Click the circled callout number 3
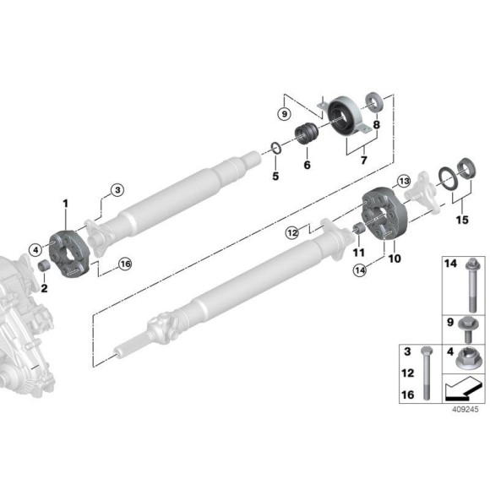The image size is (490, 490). click(x=117, y=190)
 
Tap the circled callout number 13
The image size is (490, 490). click(x=404, y=182)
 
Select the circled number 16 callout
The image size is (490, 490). click(x=125, y=264)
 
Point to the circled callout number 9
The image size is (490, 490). click(x=285, y=114)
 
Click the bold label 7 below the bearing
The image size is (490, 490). click(x=363, y=160)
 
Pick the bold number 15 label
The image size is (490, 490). click(x=462, y=220)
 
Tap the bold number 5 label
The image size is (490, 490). click(x=275, y=176)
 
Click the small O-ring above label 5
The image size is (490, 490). click(x=275, y=148)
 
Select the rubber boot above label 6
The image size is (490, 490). click(x=307, y=133)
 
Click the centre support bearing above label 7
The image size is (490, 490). click(x=345, y=117)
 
